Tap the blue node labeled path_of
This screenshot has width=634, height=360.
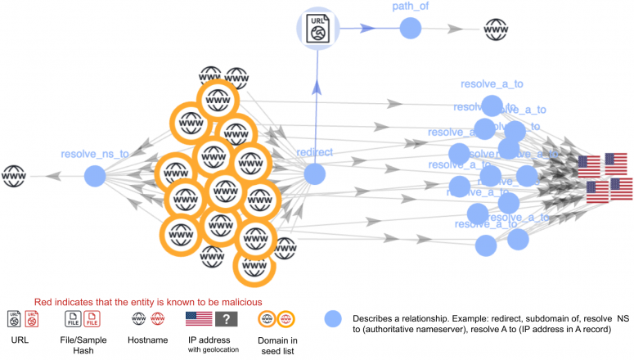pos(411,29)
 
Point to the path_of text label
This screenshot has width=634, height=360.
pos(411,7)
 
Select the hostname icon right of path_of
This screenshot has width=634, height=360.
pos(495,29)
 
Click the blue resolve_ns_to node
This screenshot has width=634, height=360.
pos(95,175)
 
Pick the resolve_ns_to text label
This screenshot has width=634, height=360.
pos(95,154)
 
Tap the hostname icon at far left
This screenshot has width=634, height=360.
pos(14,175)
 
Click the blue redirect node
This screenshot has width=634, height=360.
pos(315,173)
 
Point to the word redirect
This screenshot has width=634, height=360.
pos(315,153)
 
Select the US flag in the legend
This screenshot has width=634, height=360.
pos(199,319)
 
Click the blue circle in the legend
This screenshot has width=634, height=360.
pos(332,319)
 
